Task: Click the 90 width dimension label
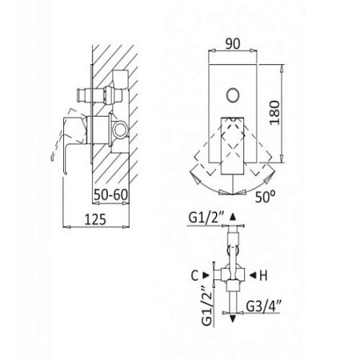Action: point(233,44)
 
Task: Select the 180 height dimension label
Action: point(274,113)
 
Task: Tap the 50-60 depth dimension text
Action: point(110,195)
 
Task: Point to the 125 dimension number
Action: point(95,219)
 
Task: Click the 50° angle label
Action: point(265,197)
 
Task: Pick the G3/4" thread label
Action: point(263,306)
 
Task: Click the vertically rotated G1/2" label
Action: point(207,306)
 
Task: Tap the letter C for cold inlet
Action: point(194,275)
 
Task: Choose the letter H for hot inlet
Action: point(263,275)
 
